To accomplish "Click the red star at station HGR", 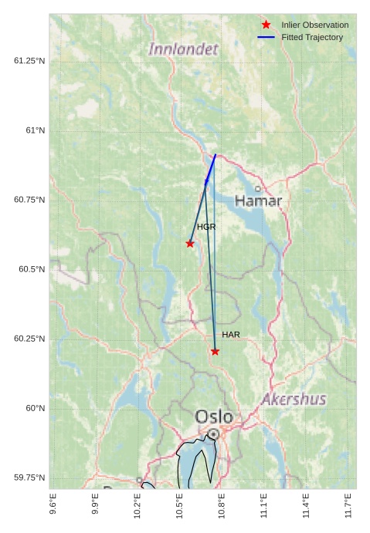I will pos(190,244).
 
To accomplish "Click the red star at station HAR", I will pos(215,352).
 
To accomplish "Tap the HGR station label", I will pos(206,228).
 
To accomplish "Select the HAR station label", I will pos(231,335).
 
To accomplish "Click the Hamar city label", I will pos(258,201).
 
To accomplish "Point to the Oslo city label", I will pos(214,417).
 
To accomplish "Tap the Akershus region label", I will pos(294,400).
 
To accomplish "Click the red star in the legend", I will pos(266,25).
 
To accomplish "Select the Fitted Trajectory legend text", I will pos(312,37).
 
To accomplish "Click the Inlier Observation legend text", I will pos(314,25).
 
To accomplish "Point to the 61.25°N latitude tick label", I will pos(29,61).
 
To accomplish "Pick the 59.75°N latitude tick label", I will pos(29,477).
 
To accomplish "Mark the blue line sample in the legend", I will pos(266,37).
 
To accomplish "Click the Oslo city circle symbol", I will pos(213,434).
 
